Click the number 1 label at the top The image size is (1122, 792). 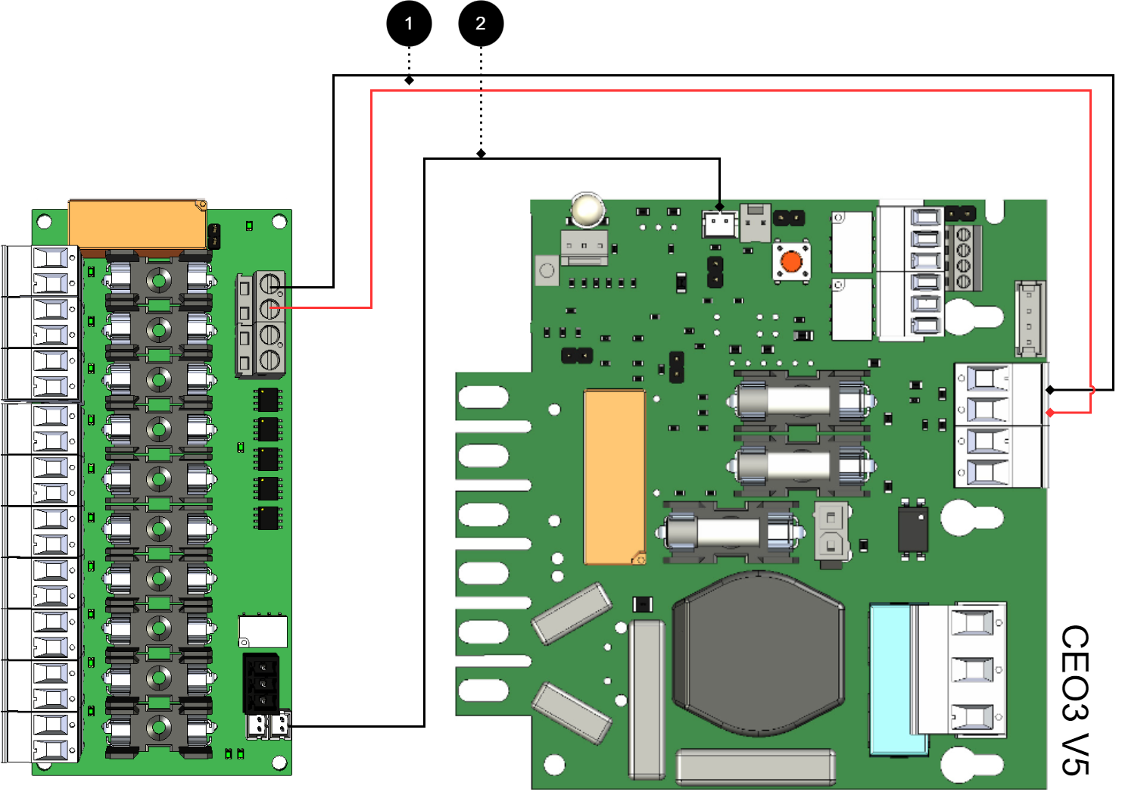point(409,24)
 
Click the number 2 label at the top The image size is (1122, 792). point(480,24)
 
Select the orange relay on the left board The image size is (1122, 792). point(137,224)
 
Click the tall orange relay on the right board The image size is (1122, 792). point(614,477)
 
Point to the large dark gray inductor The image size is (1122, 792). point(758,655)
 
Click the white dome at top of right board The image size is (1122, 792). point(587,210)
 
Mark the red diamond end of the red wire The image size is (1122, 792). point(1050,413)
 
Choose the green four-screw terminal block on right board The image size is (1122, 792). point(963,257)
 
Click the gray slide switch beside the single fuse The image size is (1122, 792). point(831,533)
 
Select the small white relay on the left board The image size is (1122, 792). point(263,631)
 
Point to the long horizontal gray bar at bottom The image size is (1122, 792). point(755,766)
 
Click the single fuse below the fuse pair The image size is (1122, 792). point(729,532)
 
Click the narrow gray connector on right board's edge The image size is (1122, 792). point(1029,318)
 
